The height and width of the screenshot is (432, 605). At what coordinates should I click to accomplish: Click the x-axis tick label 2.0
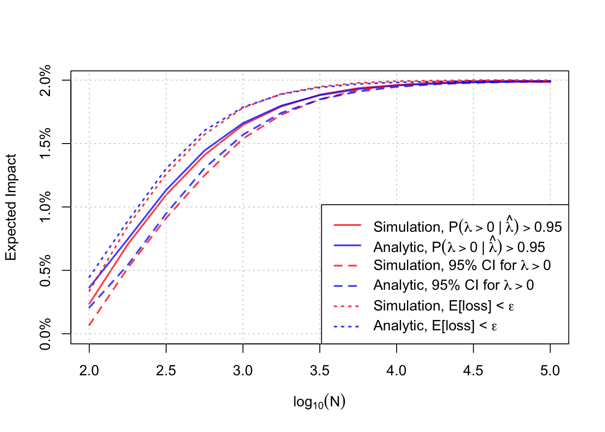[x=89, y=371]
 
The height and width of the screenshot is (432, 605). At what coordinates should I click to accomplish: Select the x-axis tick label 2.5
[x=166, y=371]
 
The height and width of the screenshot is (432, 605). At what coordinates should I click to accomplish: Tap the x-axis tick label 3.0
[x=243, y=371]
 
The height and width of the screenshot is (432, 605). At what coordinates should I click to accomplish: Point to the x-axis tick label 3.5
[x=320, y=371]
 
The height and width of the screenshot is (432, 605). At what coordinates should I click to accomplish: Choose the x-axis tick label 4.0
[x=397, y=371]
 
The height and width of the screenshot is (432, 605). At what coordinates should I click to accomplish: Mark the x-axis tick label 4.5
[x=473, y=371]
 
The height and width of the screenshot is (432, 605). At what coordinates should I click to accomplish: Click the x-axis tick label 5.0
[x=550, y=371]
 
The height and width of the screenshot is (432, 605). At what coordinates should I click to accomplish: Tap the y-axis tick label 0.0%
[x=45, y=334]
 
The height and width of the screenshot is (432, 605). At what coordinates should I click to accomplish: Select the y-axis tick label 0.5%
[x=45, y=271]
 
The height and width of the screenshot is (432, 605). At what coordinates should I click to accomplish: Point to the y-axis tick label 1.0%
[x=45, y=207]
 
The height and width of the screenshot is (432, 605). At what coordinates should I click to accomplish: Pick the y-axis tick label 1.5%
[x=45, y=144]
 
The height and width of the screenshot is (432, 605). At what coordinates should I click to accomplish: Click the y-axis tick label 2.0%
[x=45, y=81]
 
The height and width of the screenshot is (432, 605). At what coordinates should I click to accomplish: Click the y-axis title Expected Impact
[x=11, y=207]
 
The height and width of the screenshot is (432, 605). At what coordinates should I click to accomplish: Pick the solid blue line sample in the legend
[x=347, y=245]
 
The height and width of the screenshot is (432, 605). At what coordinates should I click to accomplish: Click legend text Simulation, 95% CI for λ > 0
[x=462, y=265]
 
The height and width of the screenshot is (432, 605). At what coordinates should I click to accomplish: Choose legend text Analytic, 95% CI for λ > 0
[x=453, y=285]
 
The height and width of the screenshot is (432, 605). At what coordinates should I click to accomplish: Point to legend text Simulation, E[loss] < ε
[x=443, y=306]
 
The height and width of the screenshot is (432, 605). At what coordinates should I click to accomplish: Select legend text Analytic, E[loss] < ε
[x=435, y=326]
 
